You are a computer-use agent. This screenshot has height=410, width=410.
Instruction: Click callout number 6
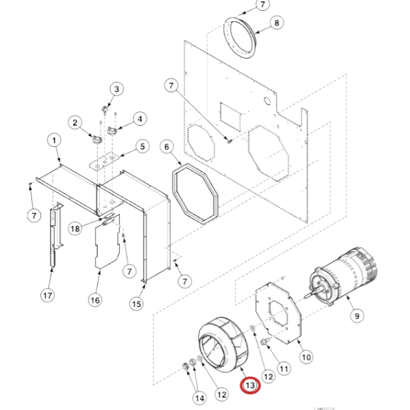tap(165, 146)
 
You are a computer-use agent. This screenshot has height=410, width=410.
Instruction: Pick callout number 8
tap(277, 24)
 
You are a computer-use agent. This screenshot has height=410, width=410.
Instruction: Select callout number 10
tap(306, 356)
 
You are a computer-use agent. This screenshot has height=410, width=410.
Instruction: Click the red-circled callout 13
tap(250, 386)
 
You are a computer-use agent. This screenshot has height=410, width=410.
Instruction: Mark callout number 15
tap(139, 303)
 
